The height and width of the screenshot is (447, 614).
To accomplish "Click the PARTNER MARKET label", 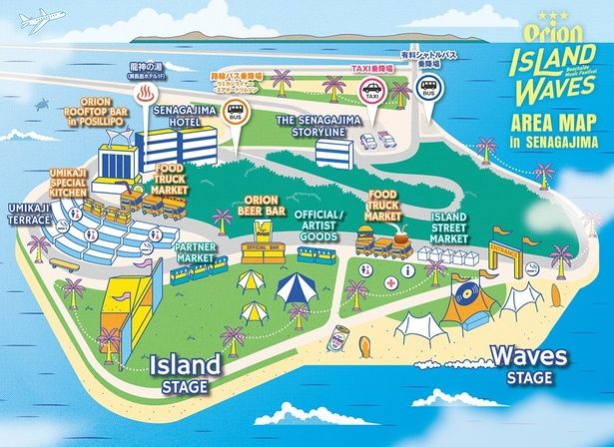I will pos(195,250).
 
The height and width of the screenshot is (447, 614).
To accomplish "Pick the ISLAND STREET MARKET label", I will pos(451,227).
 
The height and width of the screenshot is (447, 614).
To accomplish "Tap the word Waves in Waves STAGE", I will pos(529,355).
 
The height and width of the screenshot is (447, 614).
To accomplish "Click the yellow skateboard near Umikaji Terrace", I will pos(63,265).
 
